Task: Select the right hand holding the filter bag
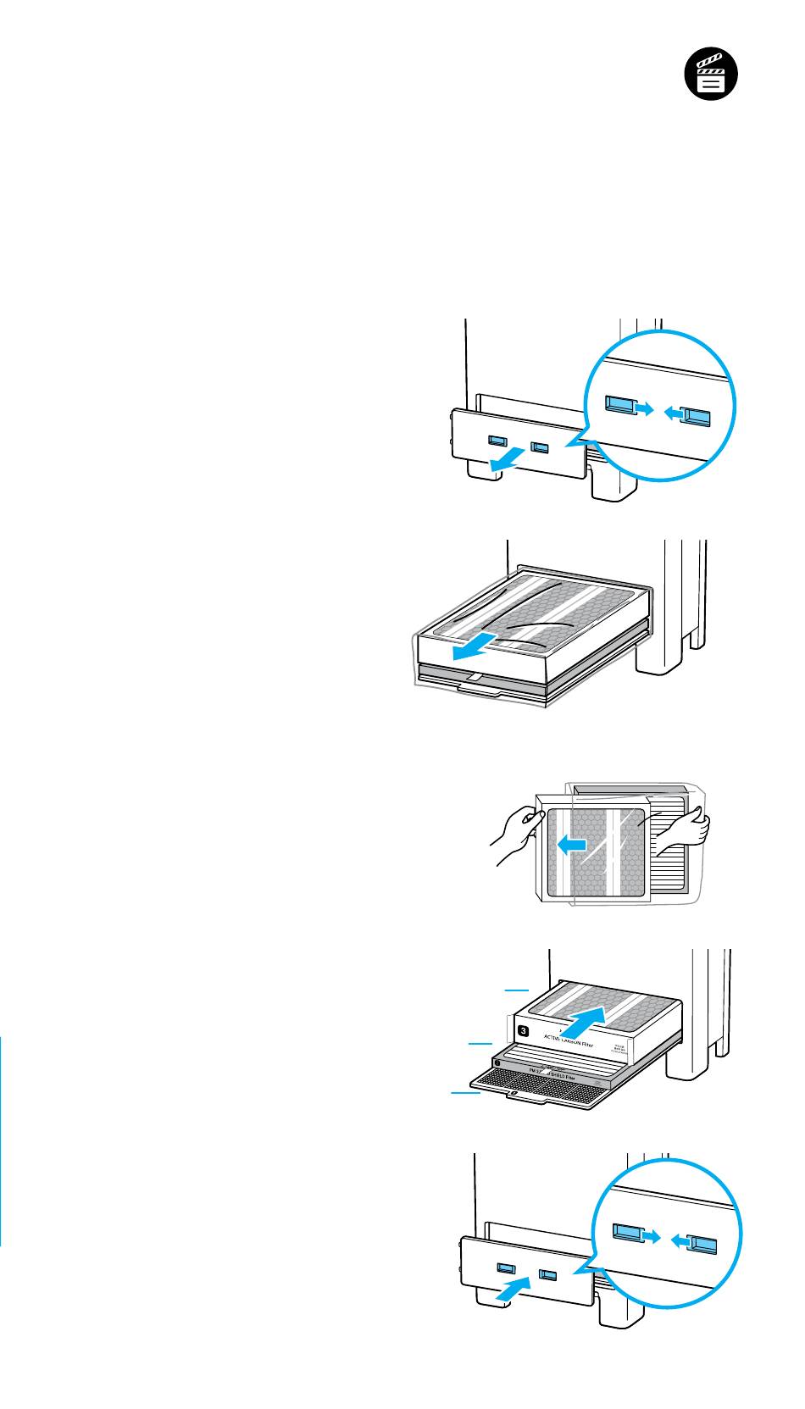683,829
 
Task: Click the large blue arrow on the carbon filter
586,1020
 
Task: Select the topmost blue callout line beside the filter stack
516,989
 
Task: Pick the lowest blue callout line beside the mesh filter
465,1094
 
